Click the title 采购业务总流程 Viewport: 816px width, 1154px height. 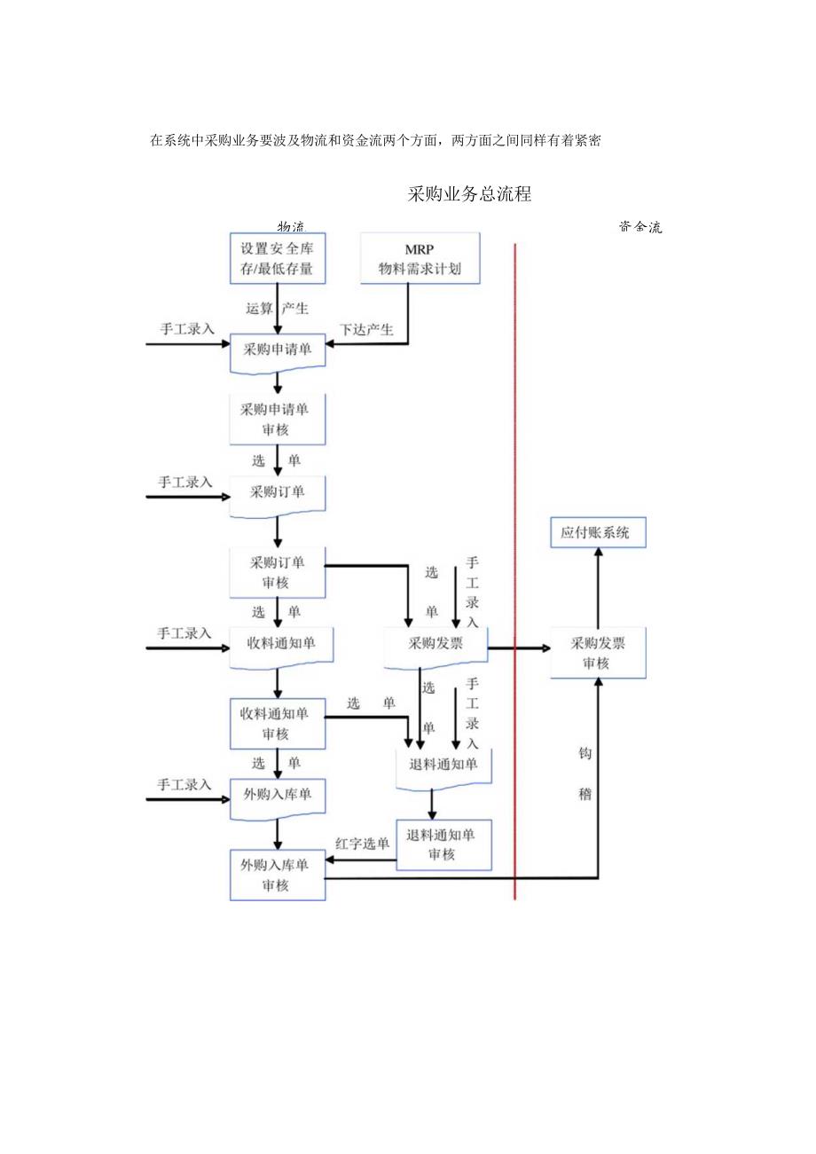coord(469,195)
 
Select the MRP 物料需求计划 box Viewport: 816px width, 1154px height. coord(420,258)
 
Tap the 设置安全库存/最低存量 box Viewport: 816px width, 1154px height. coord(277,258)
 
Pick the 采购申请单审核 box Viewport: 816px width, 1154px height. coord(277,419)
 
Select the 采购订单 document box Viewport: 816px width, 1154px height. coord(277,494)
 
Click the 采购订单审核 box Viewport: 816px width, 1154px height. coord(277,572)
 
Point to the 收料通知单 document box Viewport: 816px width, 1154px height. coord(281,645)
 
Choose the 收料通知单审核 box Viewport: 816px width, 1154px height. coord(277,723)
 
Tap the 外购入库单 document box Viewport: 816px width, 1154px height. coord(277,796)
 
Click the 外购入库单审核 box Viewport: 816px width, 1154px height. coord(277,875)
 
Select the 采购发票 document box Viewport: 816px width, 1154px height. coord(435,645)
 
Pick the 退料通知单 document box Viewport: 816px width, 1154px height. coord(443,765)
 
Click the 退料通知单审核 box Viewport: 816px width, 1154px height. coord(443,844)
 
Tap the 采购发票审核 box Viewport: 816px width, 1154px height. coord(597,653)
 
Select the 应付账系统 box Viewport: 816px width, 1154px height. coord(597,533)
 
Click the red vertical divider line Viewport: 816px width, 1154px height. coord(514,568)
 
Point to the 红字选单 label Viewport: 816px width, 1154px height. coord(362,844)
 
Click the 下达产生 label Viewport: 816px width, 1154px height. coord(367,330)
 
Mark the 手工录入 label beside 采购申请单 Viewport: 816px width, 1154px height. coord(187,328)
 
